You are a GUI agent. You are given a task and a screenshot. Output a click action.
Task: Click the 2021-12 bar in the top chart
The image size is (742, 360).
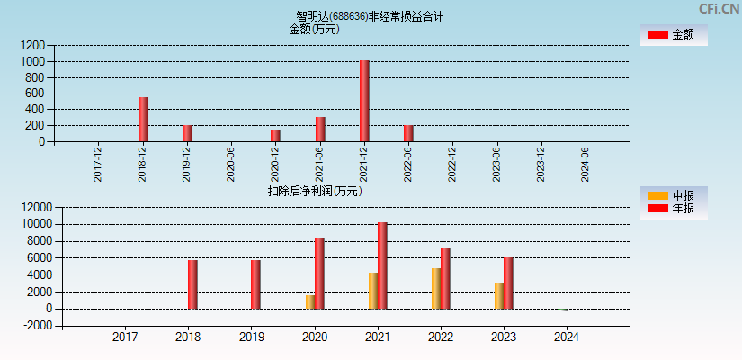pos(364,101)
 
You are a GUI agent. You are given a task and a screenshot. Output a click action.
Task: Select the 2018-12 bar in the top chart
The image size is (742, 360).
pos(143,119)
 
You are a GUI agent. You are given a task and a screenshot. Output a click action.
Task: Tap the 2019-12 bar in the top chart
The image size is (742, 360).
pos(187,133)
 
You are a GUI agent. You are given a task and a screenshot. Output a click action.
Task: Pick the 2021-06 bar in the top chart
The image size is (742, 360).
pos(320,129)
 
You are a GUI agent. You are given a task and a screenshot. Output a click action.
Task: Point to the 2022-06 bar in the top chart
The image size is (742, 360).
pos(408,133)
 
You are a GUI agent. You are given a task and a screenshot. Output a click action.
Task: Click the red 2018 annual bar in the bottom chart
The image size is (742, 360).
pos(192,284)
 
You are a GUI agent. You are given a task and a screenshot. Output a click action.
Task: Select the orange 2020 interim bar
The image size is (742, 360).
pos(310,301)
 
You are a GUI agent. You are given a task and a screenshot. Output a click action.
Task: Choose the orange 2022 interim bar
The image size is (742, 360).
pos(436,288)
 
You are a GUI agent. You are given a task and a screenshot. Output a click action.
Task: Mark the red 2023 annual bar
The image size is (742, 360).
pos(508,283)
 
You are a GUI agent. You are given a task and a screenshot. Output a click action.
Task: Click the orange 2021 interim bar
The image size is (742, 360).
pos(373,291)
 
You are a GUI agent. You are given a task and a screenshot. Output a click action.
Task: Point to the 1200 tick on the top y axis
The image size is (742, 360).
pos(34,45)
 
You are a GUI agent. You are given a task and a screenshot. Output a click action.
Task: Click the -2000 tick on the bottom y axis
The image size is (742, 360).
pos(31,326)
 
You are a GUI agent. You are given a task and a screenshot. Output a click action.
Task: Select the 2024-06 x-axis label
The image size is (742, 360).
pos(586,164)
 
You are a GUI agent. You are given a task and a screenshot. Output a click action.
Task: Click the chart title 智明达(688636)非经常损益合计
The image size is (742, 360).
pos(370,16)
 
